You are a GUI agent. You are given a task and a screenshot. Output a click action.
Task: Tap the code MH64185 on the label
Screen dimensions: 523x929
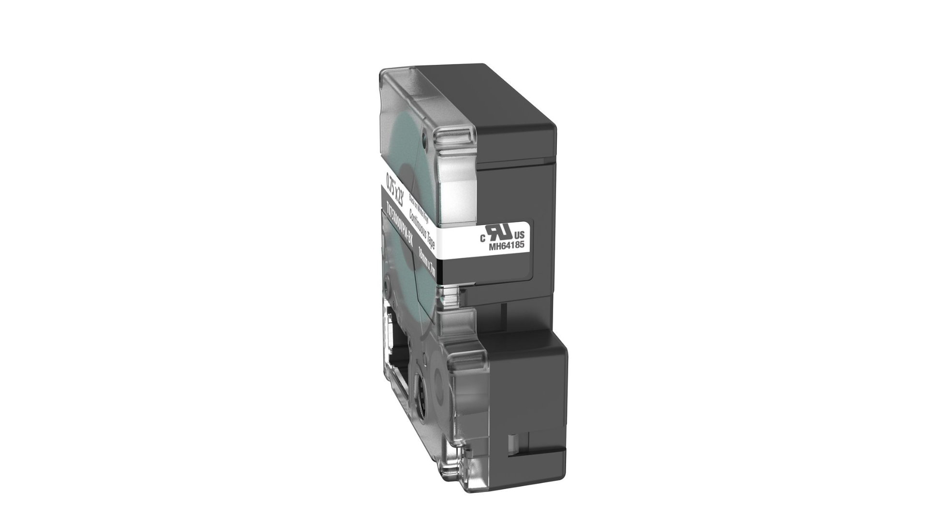507,246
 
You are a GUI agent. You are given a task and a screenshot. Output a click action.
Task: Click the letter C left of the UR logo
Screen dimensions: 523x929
482,238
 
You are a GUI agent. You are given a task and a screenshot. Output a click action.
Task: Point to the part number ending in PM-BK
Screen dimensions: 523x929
399,228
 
